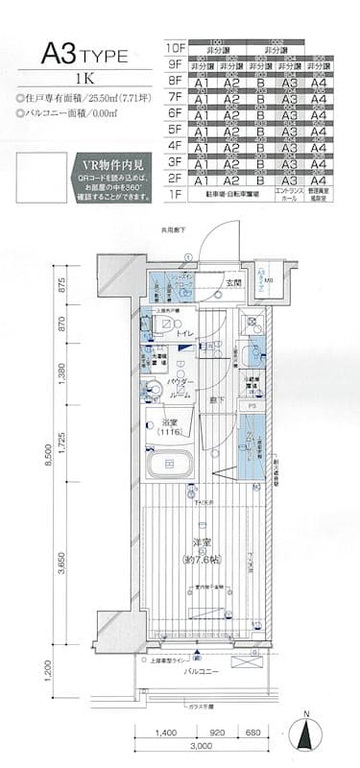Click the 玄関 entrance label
(x=233, y=284)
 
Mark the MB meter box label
(x=269, y=282)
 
